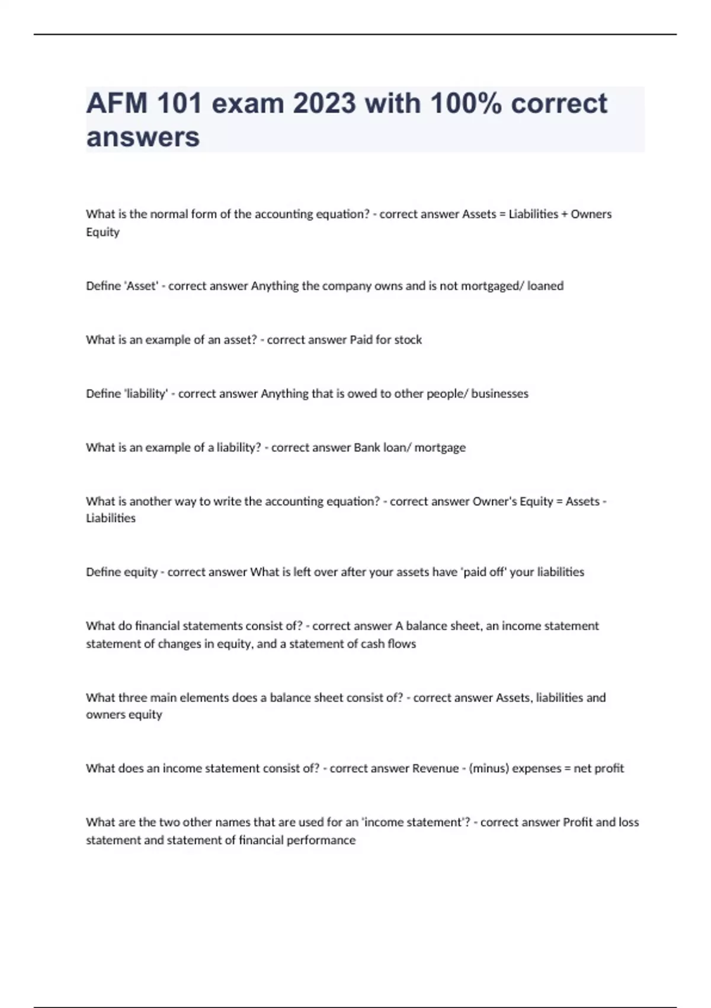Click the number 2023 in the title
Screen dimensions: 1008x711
(324, 103)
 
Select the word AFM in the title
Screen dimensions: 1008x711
(117, 103)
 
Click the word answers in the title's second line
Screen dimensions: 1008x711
(143, 137)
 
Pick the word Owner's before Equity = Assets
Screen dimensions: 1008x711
(495, 502)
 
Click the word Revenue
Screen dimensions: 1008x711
(435, 768)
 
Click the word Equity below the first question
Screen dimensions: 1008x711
(103, 232)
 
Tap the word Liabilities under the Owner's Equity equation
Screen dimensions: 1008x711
(111, 518)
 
